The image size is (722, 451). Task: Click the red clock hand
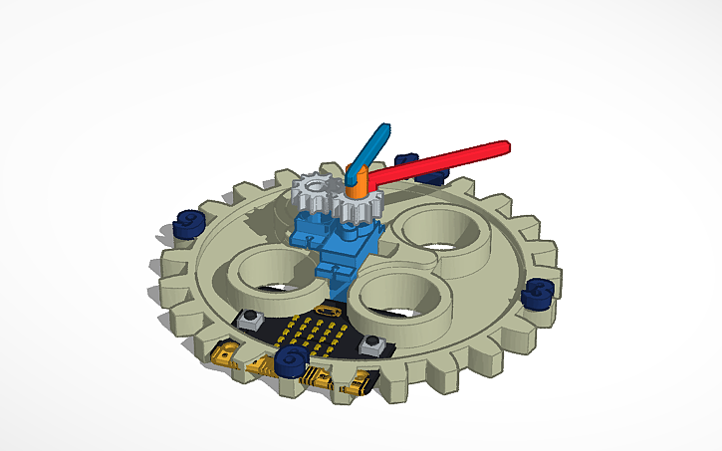(438, 161)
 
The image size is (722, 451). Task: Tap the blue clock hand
(368, 148)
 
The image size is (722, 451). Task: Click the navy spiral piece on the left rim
(187, 224)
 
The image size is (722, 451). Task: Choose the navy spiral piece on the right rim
(538, 293)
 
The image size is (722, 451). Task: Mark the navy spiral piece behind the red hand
(406, 161)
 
